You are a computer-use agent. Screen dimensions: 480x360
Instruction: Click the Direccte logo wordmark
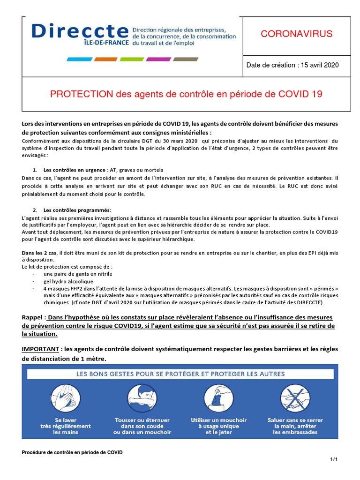pos(80,32)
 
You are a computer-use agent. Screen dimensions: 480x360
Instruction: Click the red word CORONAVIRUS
pos(296,34)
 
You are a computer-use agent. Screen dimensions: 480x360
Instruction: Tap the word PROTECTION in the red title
pos(82,94)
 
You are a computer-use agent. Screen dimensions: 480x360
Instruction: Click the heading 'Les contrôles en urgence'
pos(75,170)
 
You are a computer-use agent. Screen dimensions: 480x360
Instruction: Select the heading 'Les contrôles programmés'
pos(77,210)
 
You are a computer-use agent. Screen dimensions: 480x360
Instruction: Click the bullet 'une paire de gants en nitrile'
pos(78,274)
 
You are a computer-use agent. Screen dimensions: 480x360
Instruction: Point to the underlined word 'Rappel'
pos(33,317)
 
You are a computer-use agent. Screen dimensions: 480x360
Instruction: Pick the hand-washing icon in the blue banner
pos(65,398)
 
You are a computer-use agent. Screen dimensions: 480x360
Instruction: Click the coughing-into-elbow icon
pos(142,398)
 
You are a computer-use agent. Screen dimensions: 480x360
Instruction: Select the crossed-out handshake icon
pos(294,398)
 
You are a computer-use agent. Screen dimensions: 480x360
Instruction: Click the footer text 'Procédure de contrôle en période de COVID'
pos(72,452)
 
